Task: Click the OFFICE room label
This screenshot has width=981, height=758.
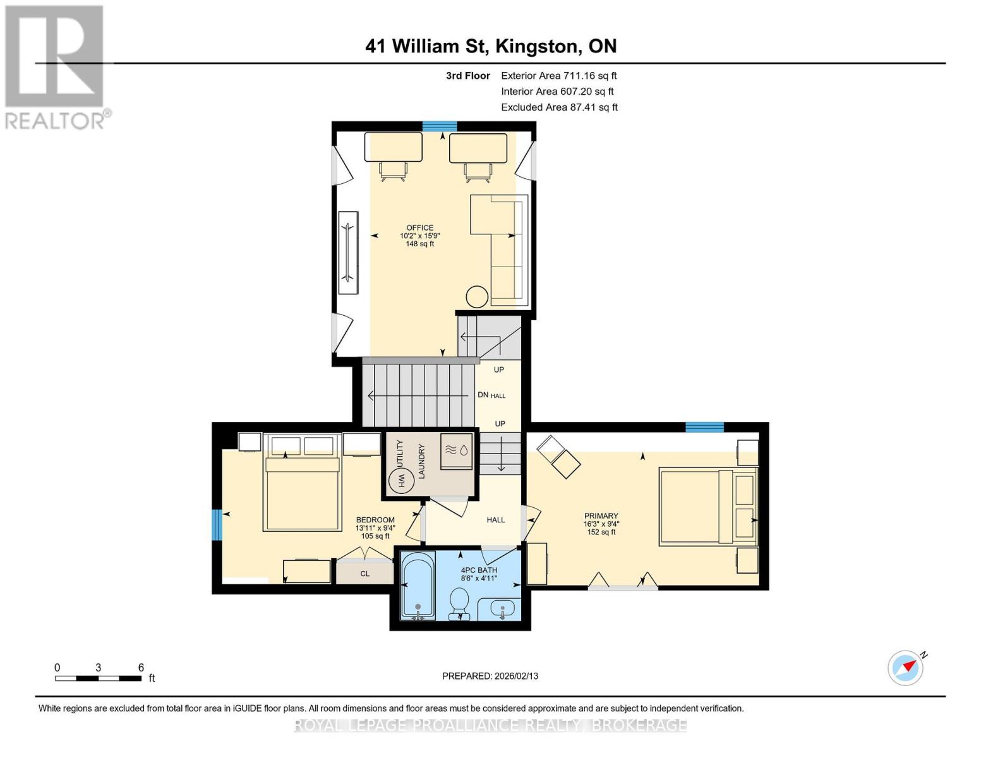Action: pyautogui.click(x=419, y=228)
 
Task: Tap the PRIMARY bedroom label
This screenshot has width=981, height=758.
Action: pyautogui.click(x=601, y=516)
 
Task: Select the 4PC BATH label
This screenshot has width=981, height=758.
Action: pyautogui.click(x=479, y=570)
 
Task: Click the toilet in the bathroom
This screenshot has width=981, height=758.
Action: pyautogui.click(x=459, y=602)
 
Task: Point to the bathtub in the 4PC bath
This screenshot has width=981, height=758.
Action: pyautogui.click(x=418, y=585)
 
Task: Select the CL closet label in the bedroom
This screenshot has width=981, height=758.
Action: pyautogui.click(x=365, y=574)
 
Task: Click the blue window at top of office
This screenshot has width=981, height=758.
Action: pyautogui.click(x=440, y=126)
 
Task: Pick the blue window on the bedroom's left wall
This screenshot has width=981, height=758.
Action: pyautogui.click(x=217, y=524)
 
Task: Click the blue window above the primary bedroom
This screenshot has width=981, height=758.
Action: pyautogui.click(x=704, y=428)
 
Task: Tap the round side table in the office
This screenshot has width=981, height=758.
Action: pyautogui.click(x=476, y=297)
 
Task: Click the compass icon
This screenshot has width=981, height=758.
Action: pyautogui.click(x=906, y=668)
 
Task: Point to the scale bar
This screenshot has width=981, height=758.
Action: pyautogui.click(x=98, y=678)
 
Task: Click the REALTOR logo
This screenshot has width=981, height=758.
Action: pyautogui.click(x=56, y=66)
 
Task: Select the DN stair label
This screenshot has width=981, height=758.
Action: pyautogui.click(x=483, y=395)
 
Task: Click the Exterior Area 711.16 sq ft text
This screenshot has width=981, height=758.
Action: pyautogui.click(x=558, y=75)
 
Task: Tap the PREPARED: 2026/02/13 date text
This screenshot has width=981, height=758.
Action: pyautogui.click(x=490, y=676)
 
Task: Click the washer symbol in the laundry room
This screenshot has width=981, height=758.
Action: pyautogui.click(x=456, y=451)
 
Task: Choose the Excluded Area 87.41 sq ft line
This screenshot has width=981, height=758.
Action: pyautogui.click(x=559, y=107)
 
